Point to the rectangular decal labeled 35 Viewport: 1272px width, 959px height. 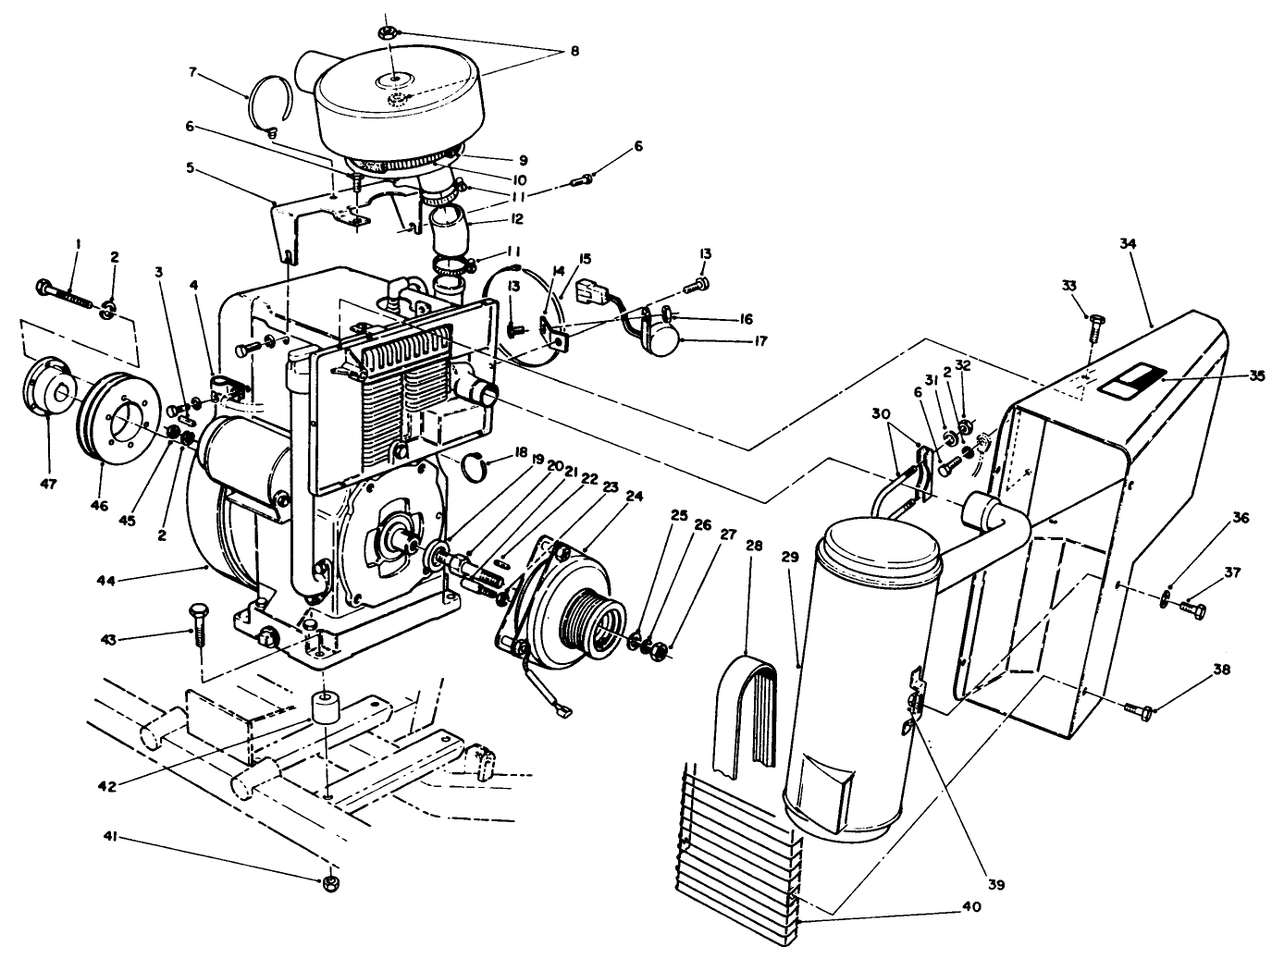pos(1127,379)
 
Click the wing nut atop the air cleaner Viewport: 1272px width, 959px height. pos(388,32)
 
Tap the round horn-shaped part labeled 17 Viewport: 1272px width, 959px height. pos(661,339)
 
